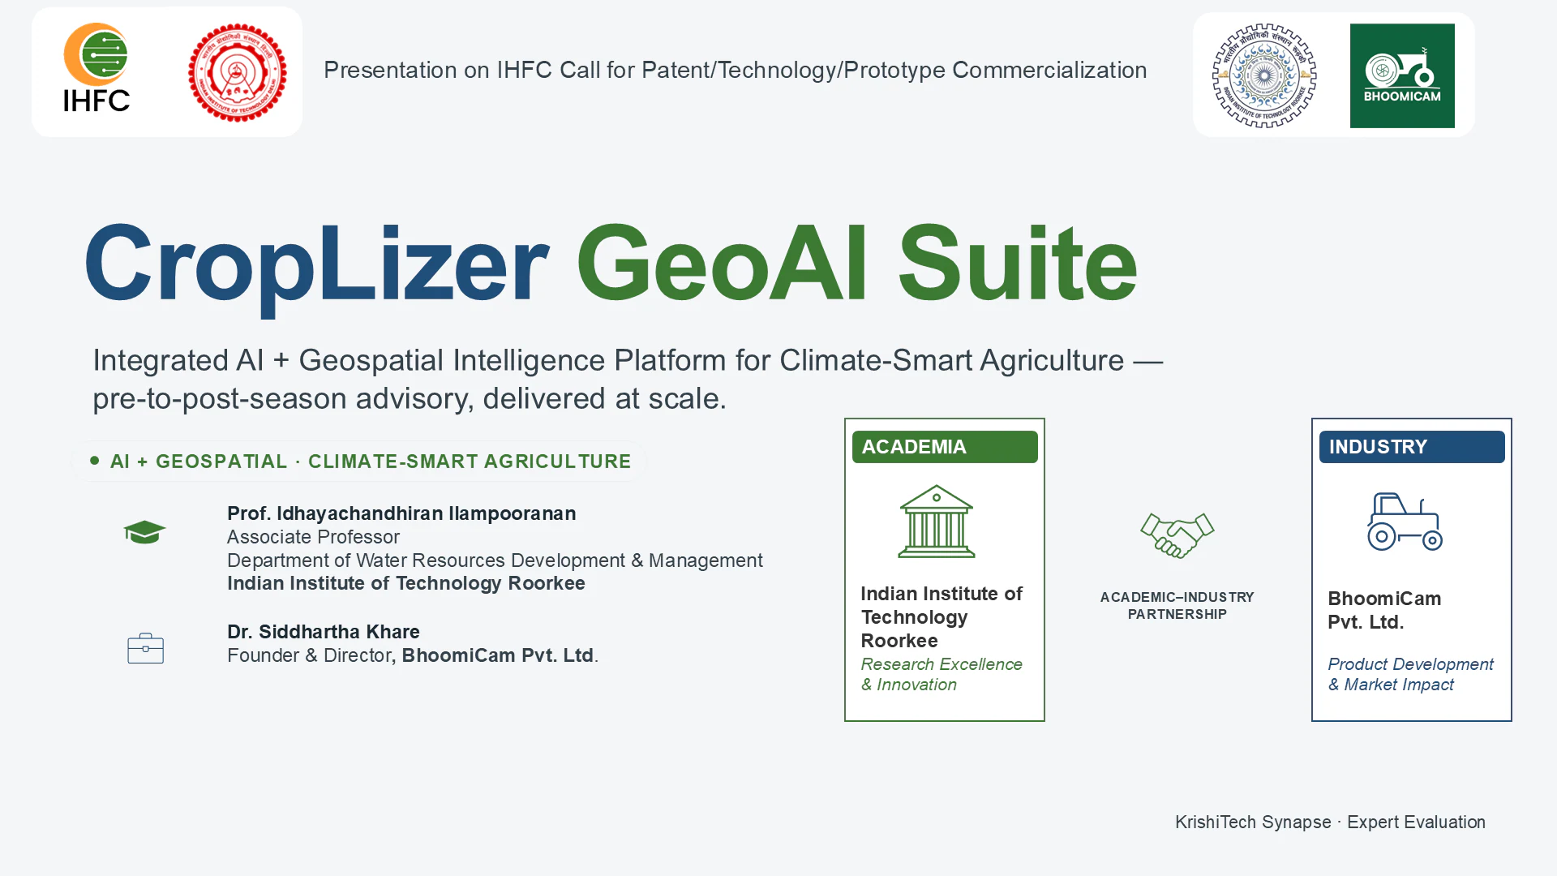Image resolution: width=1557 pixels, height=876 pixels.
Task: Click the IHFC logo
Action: [97, 67]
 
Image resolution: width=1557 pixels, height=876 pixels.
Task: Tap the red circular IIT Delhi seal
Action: [238, 72]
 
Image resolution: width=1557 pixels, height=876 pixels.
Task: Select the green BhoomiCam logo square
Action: [1402, 75]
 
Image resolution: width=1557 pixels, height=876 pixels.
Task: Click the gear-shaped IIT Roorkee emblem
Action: [1264, 75]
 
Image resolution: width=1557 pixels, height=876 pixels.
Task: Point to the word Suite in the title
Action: [1018, 263]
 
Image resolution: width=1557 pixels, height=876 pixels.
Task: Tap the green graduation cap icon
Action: [144, 532]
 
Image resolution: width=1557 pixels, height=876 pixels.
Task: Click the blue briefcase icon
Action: [146, 648]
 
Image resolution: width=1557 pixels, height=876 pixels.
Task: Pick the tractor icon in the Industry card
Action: [1405, 522]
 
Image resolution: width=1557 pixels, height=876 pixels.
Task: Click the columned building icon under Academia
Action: [937, 522]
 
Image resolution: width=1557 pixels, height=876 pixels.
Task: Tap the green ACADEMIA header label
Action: [945, 447]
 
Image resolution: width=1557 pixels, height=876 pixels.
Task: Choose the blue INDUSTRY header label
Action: [1412, 447]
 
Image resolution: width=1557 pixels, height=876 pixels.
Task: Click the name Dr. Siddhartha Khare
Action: [324, 632]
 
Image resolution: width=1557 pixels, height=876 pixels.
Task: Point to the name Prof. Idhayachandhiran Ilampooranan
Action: [401, 513]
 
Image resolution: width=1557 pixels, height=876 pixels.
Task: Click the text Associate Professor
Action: [313, 537]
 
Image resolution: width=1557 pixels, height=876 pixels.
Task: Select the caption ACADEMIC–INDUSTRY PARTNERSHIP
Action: [1177, 606]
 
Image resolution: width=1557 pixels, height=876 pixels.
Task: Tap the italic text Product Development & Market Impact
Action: [1410, 674]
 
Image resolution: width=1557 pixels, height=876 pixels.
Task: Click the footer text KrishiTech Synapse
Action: [1253, 822]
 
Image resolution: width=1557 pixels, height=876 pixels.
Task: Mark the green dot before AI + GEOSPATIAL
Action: [95, 461]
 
